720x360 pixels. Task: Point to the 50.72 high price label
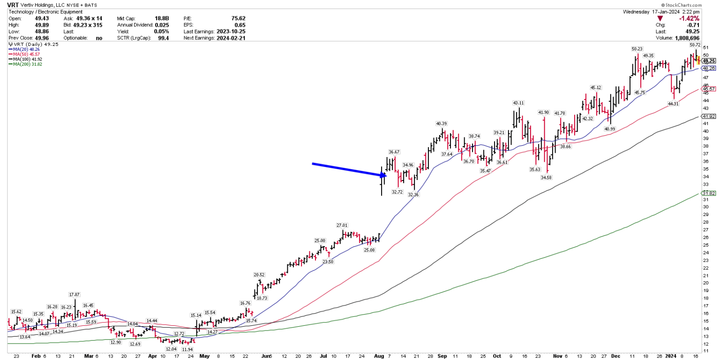(695, 45)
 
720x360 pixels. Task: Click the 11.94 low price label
(187, 349)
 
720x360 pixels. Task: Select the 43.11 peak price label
(518, 103)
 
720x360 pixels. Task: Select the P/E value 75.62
(238, 18)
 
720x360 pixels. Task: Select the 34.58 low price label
(546, 177)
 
